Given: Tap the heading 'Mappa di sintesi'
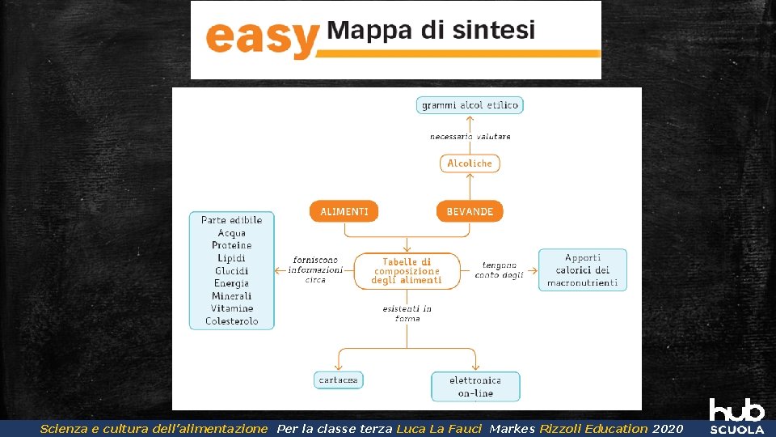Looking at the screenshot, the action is [x=431, y=31].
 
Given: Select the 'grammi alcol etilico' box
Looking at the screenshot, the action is [x=470, y=105].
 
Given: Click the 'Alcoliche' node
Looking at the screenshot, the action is [x=470, y=163].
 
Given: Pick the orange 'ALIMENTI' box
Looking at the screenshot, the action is [x=344, y=211].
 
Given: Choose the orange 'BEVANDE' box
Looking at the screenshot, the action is [x=470, y=211].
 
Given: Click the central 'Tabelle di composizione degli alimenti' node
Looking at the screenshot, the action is [x=407, y=271].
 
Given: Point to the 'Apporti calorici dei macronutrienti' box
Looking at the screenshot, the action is [x=582, y=270].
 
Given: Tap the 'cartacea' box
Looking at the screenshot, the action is [x=339, y=380].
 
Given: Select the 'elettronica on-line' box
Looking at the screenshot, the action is [x=474, y=387].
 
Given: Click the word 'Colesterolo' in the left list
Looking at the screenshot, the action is [x=232, y=321].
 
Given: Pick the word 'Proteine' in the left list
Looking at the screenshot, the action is [x=232, y=245].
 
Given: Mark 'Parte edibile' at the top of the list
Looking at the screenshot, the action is [x=232, y=220].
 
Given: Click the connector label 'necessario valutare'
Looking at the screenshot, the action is [x=470, y=137].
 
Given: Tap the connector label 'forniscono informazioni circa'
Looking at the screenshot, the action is [x=315, y=269].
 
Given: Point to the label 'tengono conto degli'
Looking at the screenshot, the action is [x=500, y=270].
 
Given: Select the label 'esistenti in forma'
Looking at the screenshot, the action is [x=407, y=313].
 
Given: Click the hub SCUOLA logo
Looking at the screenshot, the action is [x=736, y=416].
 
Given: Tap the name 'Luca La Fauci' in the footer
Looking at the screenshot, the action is [x=439, y=429].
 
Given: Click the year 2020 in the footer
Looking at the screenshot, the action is [x=667, y=429].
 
